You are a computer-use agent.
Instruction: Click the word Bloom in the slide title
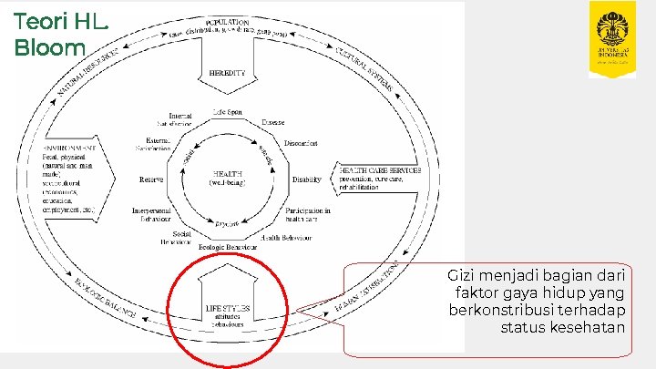coord(49,46)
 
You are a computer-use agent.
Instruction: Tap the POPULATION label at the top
coord(228,22)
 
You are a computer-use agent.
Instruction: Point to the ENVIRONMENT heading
coord(70,148)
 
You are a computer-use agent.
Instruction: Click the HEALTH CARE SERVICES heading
coord(381,170)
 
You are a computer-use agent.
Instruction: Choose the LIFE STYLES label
coord(228,308)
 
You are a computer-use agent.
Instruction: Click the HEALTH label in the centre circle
coord(228,172)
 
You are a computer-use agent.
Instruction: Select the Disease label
coord(272,121)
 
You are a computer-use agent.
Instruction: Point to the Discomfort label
coord(300,144)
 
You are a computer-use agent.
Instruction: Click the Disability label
coord(307,179)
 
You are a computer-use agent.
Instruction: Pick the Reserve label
coord(150,179)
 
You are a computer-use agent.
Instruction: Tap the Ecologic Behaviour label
coord(228,246)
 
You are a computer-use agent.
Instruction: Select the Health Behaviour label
coord(287,237)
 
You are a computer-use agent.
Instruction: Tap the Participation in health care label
coord(308,215)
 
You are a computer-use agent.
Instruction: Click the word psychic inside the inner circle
coord(228,221)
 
